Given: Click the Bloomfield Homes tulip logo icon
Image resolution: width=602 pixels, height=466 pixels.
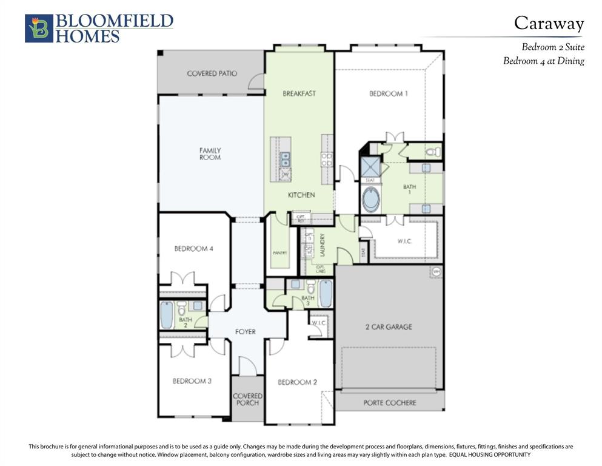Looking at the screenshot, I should pyautogui.click(x=39, y=29).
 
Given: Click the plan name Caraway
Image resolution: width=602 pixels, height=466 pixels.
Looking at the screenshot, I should pyautogui.click(x=549, y=23).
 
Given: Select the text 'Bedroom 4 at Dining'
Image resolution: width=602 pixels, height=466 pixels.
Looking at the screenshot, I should pyautogui.click(x=543, y=61).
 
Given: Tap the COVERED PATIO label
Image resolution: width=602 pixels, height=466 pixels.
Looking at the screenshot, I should pyautogui.click(x=212, y=73).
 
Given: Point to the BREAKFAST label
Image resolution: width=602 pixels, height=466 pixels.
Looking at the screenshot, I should pyautogui.click(x=299, y=93).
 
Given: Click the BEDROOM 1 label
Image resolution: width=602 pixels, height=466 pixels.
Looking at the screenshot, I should pyautogui.click(x=388, y=93).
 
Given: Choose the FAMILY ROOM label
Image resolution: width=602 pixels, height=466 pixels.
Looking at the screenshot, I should pyautogui.click(x=210, y=154).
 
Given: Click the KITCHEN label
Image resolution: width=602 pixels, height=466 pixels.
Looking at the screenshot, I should pyautogui.click(x=301, y=195).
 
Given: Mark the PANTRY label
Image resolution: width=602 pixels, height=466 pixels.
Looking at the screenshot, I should pyautogui.click(x=279, y=252).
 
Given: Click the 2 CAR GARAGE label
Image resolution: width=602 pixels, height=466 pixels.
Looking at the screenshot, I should pyautogui.click(x=388, y=326).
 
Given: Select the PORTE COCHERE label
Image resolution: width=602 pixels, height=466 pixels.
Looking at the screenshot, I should pyautogui.click(x=389, y=402).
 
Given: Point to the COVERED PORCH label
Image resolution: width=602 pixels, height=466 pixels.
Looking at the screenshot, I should pyautogui.click(x=247, y=399).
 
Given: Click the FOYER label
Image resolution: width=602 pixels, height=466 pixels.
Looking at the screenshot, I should pyautogui.click(x=246, y=332).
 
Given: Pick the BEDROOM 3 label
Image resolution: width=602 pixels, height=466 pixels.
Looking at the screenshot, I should pyautogui.click(x=192, y=381).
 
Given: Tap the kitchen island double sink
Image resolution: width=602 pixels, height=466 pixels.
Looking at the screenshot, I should pyautogui.click(x=284, y=159).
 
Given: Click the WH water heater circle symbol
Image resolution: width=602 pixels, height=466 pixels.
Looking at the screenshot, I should pyautogui.click(x=436, y=271).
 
